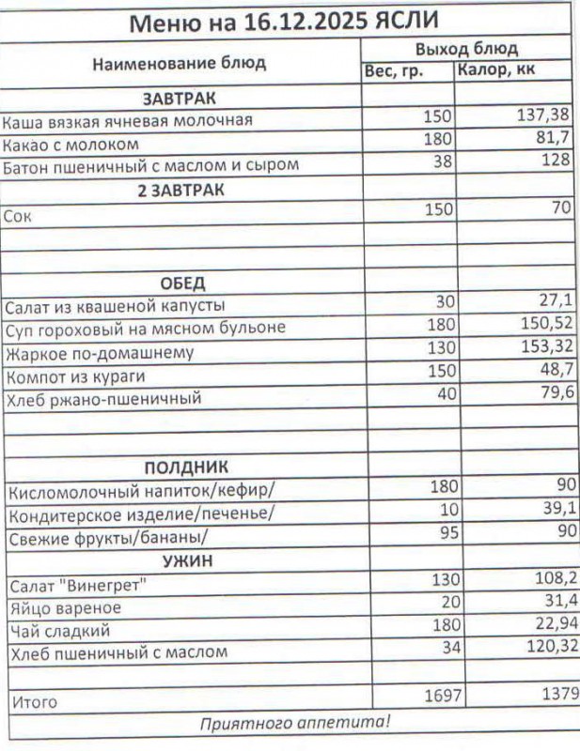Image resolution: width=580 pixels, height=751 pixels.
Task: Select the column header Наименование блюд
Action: click(x=179, y=64)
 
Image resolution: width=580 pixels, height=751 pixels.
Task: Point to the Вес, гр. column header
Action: click(x=393, y=72)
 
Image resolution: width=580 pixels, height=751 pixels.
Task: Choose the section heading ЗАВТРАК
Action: click(x=180, y=98)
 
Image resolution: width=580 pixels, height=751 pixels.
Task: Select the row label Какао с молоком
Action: click(x=71, y=144)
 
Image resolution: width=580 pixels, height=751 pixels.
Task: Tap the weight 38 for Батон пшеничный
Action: click(x=442, y=161)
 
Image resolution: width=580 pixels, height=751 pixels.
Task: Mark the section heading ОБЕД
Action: click(x=182, y=284)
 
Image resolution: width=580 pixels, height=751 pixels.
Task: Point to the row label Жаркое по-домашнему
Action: click(x=100, y=354)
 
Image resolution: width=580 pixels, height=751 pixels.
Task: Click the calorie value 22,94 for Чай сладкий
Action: click(x=549, y=625)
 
